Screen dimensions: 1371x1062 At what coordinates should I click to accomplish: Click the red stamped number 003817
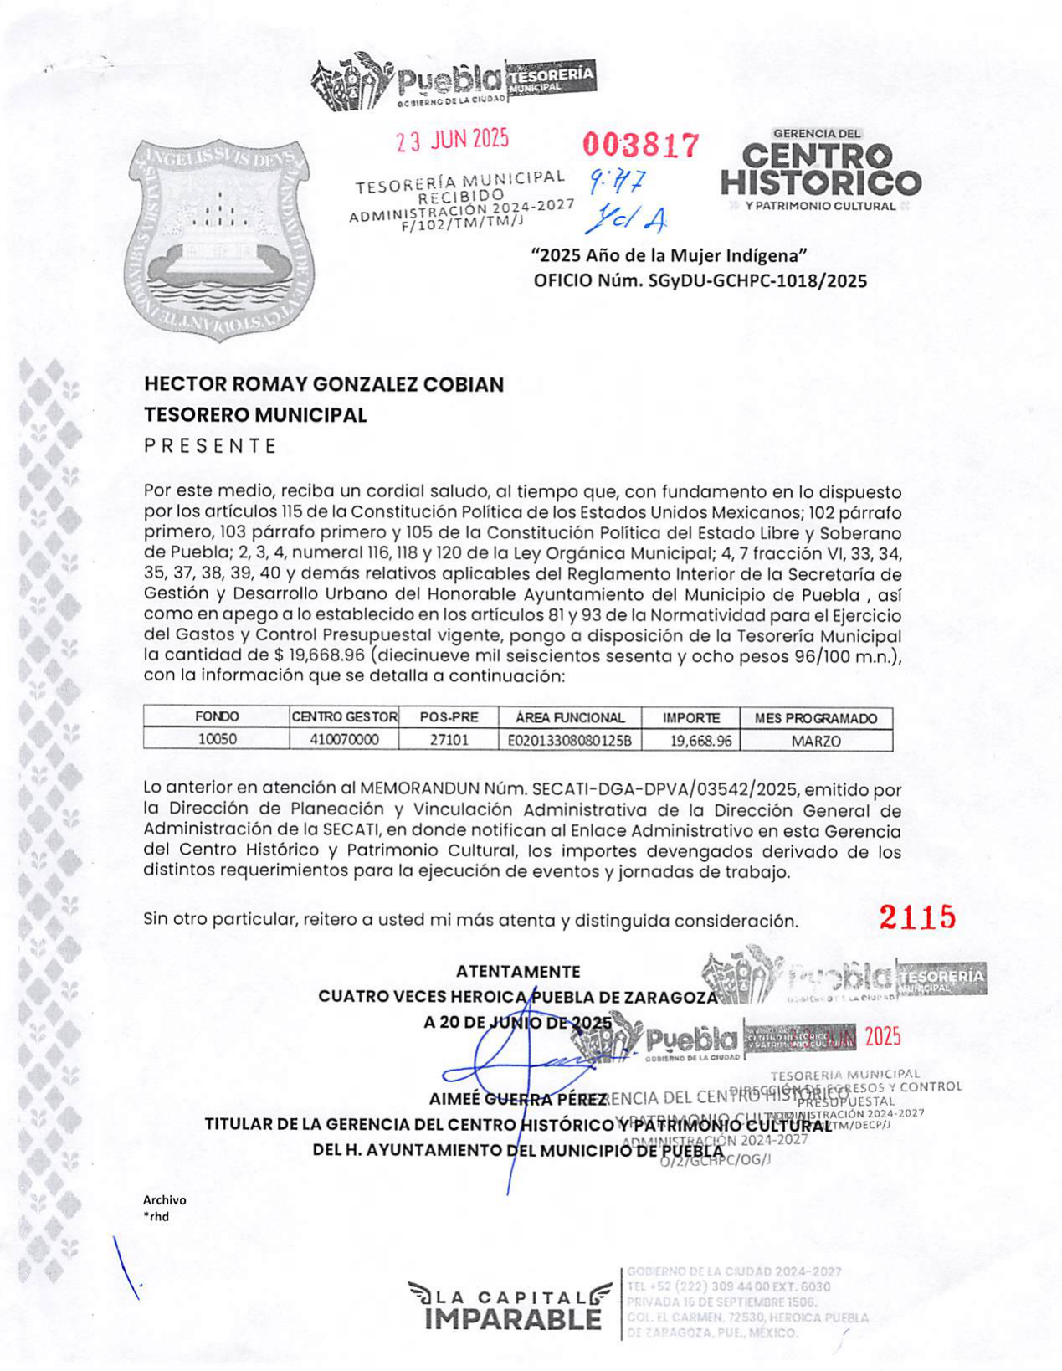tap(640, 146)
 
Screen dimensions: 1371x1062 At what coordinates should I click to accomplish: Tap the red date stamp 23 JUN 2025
tap(453, 140)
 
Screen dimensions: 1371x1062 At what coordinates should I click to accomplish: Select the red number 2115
tap(917, 918)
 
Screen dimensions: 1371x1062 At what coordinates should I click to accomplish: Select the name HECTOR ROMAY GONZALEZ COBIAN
tap(324, 385)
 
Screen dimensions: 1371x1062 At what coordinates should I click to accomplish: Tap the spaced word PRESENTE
tap(210, 446)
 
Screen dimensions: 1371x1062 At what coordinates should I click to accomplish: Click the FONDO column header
tap(216, 717)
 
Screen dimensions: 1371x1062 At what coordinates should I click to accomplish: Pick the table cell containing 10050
tap(216, 740)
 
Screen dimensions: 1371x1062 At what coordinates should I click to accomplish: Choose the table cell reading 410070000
tap(343, 740)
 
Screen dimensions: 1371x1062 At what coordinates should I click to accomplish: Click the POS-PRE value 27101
tap(449, 740)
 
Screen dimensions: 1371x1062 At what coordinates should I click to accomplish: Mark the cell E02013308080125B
tap(569, 740)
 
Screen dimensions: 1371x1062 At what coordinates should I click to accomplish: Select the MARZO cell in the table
tap(816, 740)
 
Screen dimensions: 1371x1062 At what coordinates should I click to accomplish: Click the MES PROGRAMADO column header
tap(816, 717)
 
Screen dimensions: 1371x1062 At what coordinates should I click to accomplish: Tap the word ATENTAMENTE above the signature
tap(518, 972)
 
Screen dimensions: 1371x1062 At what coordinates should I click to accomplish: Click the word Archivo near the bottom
tap(165, 1200)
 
